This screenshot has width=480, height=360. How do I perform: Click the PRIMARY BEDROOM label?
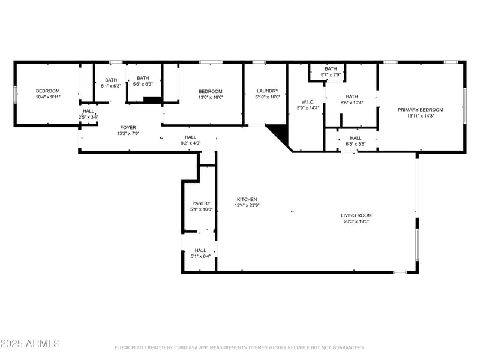pyautogui.click(x=420, y=110)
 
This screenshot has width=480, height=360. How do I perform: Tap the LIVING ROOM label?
pyautogui.click(x=356, y=215)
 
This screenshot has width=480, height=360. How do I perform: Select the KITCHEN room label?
pyautogui.click(x=247, y=199)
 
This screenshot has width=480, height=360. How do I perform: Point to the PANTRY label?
pyautogui.click(x=201, y=203)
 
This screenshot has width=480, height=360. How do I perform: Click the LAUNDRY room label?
pyautogui.click(x=267, y=91)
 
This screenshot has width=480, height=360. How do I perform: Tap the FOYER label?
pyautogui.click(x=127, y=128)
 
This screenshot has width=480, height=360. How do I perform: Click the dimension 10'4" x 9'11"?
pyautogui.click(x=47, y=97)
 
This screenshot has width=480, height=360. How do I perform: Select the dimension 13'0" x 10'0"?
pyautogui.click(x=211, y=97)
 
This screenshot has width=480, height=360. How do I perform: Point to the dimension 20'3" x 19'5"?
pyautogui.click(x=356, y=221)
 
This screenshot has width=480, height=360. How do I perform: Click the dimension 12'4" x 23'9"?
pyautogui.click(x=247, y=205)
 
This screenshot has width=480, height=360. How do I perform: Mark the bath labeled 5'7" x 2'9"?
pyautogui.click(x=331, y=74)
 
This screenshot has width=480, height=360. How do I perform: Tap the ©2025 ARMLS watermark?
pyautogui.click(x=30, y=344)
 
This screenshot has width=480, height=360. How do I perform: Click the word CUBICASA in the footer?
pyautogui.click(x=188, y=347)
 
